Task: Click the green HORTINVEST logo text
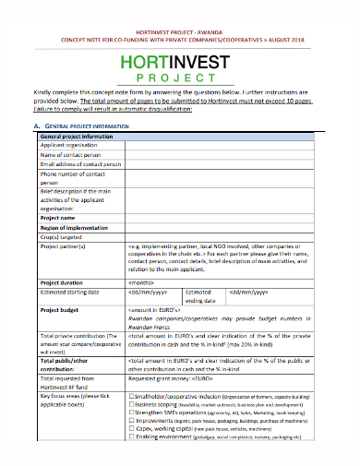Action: point(180,62)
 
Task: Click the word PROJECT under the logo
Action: point(181,78)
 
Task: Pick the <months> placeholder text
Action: point(140,281)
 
